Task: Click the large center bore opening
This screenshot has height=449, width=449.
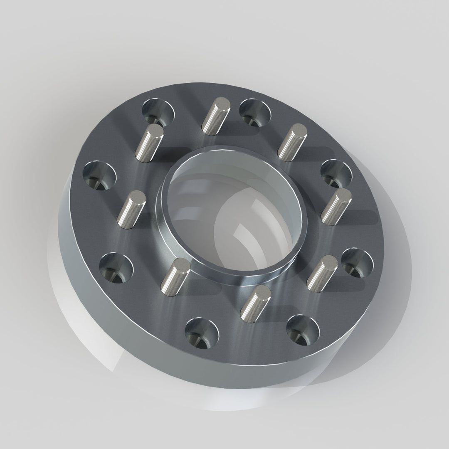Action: pyautogui.click(x=233, y=212)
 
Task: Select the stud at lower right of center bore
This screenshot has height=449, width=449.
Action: pyautogui.click(x=322, y=272)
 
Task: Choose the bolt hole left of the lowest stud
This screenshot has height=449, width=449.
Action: pyautogui.click(x=201, y=333)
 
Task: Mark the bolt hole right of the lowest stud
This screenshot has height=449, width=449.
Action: pyautogui.click(x=303, y=328)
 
